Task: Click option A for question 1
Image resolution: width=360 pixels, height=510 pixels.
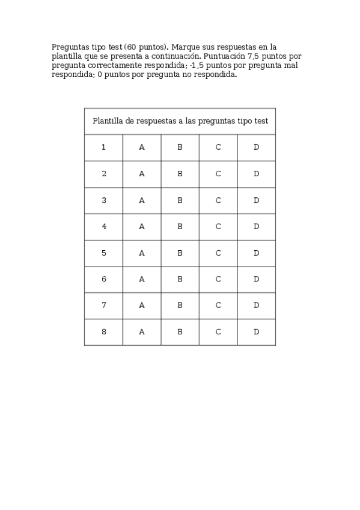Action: coord(142,147)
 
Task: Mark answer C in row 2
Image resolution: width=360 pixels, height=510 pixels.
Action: coord(218,174)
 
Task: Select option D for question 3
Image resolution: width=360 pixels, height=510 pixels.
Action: coord(256,200)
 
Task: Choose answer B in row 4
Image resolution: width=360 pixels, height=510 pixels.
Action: coord(180,227)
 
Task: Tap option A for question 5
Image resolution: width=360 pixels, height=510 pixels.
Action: coord(142,253)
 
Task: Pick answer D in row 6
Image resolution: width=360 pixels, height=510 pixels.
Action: coord(256,279)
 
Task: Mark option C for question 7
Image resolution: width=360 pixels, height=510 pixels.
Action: coord(218,306)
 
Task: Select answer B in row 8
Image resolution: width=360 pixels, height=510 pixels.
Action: coord(180,332)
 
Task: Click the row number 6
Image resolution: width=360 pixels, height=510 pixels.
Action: coord(104,279)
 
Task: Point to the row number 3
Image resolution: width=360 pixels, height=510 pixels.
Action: coord(104,200)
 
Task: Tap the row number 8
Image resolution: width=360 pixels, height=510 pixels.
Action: coord(104,332)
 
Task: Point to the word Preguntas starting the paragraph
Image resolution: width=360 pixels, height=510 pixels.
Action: coord(69,46)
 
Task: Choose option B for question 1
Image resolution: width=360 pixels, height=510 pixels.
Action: coord(180,147)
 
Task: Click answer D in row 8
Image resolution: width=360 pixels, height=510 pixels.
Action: coord(256,332)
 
